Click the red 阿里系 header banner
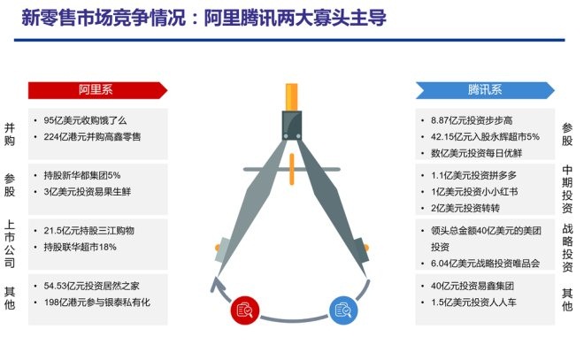97,90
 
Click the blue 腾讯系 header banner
485,90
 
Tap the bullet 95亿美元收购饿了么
85,120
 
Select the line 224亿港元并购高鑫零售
92,136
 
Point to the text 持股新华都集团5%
82,175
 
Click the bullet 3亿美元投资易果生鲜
88,191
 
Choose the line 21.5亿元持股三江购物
89,231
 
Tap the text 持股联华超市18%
80,247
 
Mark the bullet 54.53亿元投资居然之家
92,286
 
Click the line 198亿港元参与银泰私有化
97,302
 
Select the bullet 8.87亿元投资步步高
472,120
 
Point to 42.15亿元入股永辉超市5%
485,136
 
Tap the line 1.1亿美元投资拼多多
473,175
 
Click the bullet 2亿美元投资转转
465,208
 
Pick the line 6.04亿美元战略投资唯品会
485,264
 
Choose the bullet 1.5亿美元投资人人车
473,302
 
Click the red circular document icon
245,310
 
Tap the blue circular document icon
343,310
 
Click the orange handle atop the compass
292,96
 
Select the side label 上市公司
10,244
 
